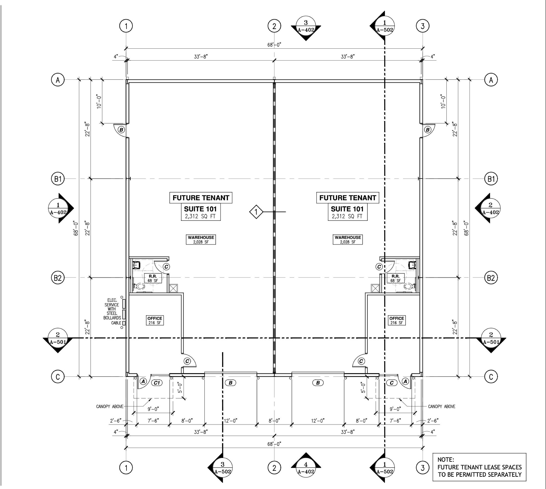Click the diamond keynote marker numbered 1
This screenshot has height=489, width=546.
[256, 212]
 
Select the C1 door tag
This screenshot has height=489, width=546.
[157, 383]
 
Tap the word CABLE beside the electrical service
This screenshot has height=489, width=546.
[116, 323]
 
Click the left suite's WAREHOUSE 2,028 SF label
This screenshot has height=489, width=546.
[201, 240]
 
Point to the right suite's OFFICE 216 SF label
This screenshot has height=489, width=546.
[396, 320]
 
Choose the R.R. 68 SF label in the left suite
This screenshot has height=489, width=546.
[153, 278]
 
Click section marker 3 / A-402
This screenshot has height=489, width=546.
[306, 28]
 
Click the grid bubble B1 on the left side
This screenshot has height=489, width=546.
[58, 179]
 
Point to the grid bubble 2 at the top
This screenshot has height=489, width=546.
[274, 26]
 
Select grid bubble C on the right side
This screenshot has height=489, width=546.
[491, 377]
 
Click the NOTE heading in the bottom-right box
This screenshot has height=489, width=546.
[446, 460]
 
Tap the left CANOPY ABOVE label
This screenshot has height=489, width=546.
[109, 407]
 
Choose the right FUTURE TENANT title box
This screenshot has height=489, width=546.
[348, 198]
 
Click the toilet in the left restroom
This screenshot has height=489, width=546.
[139, 287]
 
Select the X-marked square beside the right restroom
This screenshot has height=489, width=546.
[375, 288]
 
